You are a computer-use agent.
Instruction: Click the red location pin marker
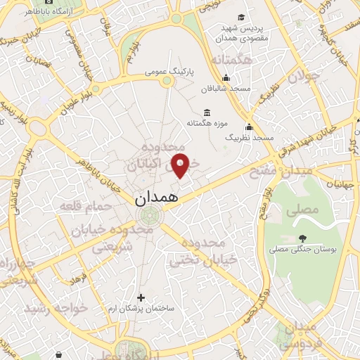(x=181, y=166)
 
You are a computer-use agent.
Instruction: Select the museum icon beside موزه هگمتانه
(x=207, y=112)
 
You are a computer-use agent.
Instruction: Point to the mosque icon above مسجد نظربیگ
(x=249, y=127)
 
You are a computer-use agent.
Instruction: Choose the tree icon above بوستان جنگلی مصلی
(x=302, y=238)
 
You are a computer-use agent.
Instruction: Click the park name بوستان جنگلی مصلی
(x=304, y=250)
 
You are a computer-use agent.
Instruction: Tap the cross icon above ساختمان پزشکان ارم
(x=141, y=297)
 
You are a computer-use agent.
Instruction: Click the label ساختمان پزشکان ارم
(x=141, y=309)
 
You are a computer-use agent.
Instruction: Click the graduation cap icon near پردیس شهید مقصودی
(x=241, y=17)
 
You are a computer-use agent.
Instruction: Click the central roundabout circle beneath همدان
(x=148, y=216)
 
